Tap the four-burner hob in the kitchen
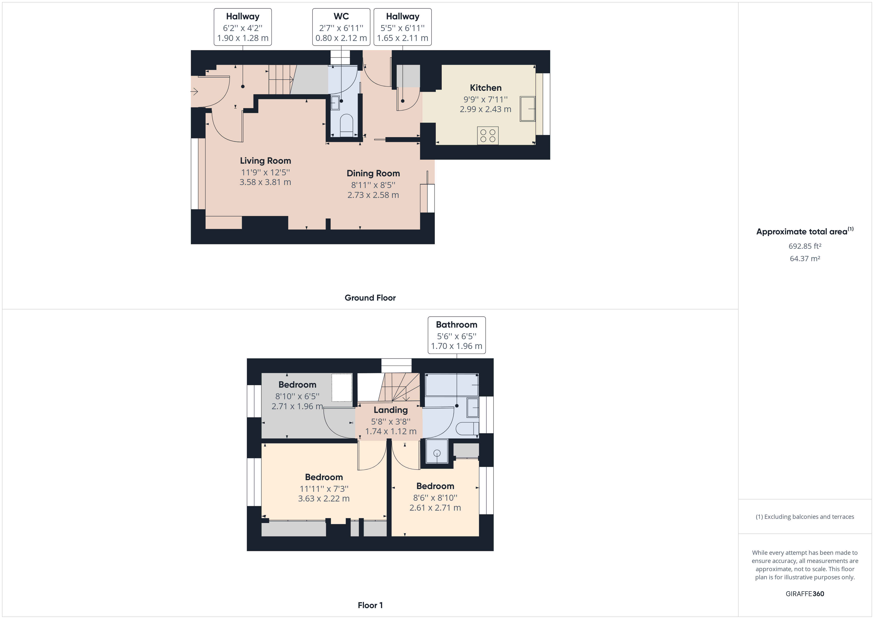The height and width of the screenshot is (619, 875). click(487, 136)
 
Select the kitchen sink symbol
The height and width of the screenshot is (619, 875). click(528, 109)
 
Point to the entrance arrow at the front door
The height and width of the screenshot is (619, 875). click(194, 92)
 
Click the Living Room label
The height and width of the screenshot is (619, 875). click(265, 161)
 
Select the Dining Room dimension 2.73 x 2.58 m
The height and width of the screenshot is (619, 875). click(373, 195)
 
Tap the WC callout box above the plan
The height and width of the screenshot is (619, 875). click(341, 27)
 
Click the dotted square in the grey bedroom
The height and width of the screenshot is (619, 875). click(342, 388)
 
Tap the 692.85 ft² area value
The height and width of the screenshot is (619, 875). click(805, 246)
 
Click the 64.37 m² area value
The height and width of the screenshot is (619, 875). click(805, 258)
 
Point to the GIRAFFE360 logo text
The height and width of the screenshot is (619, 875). click(805, 594)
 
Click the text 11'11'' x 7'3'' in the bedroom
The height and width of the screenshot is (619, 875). click(324, 489)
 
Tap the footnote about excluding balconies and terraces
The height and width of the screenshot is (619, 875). click(805, 517)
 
